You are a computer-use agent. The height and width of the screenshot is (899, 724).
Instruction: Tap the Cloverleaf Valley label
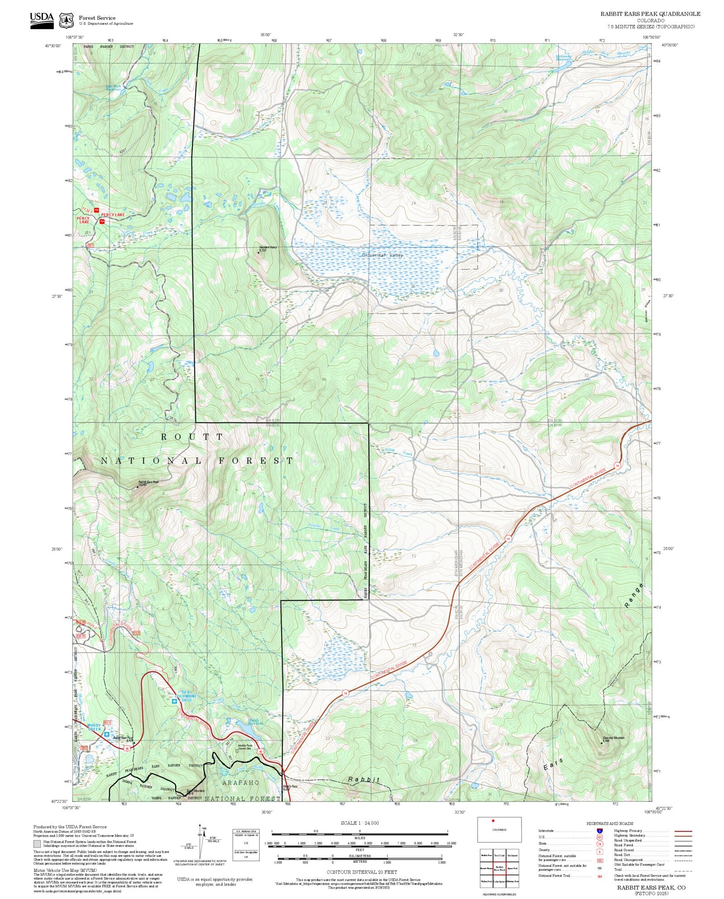382,255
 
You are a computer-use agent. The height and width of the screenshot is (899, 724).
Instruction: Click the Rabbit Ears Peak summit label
148,483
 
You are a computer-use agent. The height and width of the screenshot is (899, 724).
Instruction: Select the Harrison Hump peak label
267,248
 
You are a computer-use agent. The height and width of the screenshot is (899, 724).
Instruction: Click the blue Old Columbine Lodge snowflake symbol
174,701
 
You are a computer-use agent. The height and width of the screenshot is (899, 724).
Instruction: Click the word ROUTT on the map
192,437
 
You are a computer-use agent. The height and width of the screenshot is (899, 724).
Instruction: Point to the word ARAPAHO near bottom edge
240,782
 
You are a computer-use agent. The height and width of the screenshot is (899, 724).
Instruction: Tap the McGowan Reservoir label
563,58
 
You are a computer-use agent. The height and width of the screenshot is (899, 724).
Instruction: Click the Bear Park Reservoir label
113,87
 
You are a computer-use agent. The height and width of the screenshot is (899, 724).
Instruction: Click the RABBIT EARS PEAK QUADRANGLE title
650,14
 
